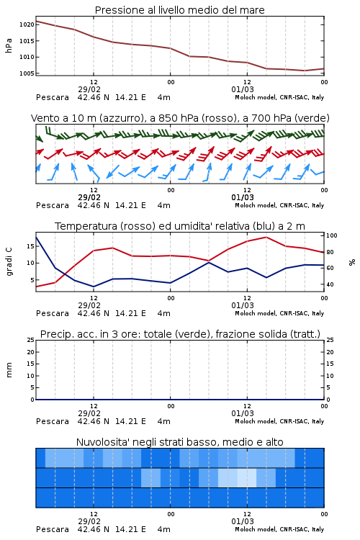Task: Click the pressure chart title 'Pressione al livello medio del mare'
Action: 180,10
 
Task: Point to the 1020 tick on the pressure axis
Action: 27,24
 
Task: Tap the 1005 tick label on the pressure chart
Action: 27,73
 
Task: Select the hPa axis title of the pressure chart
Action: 9,45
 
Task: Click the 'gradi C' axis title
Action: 9,262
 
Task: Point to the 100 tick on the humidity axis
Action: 332,235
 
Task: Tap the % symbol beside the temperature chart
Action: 352,262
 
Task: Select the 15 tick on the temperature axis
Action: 31,246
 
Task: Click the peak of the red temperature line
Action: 266,237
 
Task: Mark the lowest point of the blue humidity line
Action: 94,287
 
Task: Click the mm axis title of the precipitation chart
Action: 9,370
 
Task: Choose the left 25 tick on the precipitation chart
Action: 31,340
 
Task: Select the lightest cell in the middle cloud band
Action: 247,477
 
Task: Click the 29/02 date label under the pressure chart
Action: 89,89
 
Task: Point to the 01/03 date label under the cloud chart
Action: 243,521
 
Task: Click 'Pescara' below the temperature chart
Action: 53,313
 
